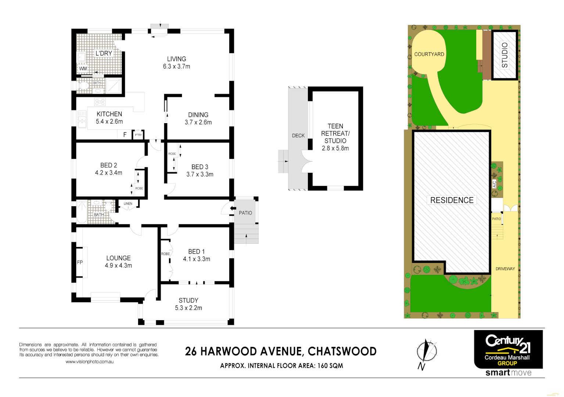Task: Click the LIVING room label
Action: point(176,59)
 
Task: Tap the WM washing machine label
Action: point(83,69)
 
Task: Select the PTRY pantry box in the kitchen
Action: point(138,135)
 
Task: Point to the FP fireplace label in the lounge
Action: point(80,262)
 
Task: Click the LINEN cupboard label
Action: point(128,204)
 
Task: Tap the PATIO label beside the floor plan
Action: point(245,213)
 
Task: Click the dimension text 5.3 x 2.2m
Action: point(188,308)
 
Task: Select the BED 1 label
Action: point(196,251)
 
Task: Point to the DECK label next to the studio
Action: point(298,136)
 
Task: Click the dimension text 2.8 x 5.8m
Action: point(335,149)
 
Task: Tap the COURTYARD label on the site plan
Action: point(429,54)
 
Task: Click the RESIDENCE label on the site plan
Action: point(452,200)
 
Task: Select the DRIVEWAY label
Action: point(505,269)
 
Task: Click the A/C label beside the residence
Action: point(495,184)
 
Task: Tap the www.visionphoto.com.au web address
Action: point(89,362)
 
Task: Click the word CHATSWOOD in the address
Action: point(342,351)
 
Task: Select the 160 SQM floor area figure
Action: point(330,366)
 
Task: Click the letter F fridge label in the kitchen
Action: point(125,135)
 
